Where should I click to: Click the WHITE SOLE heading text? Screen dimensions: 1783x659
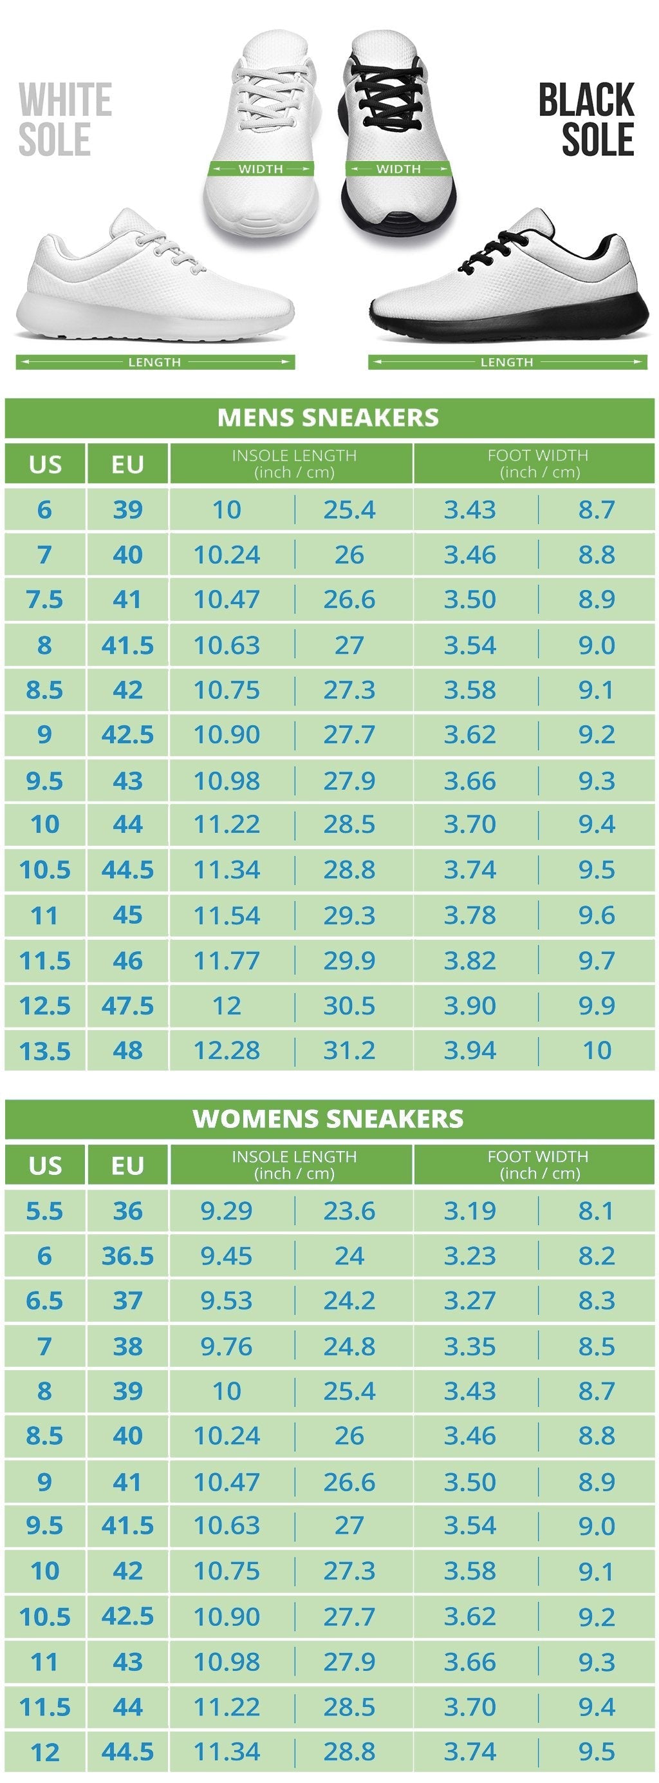pos(64,119)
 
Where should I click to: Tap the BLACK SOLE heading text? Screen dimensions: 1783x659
pos(587,119)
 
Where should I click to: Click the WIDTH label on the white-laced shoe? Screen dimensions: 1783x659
pos(260,169)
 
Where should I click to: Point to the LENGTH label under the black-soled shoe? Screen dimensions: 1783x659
pos(507,362)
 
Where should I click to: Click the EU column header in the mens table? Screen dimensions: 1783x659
pos(127,464)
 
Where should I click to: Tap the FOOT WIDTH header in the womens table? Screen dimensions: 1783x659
pos(537,1165)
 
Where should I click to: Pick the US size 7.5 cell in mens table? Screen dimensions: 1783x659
pos(44,600)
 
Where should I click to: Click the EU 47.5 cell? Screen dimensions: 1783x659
pos(127,1006)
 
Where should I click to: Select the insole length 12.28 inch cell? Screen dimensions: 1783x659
pos(227,1051)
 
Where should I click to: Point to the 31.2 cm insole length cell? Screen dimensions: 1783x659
pos(349,1051)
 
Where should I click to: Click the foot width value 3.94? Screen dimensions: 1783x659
pos(470,1051)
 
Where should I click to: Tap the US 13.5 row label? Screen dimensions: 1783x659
pos(44,1051)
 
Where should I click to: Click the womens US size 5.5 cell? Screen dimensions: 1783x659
pos(44,1211)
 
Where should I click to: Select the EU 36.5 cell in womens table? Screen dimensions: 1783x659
pos(127,1256)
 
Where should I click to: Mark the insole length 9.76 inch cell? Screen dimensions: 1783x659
pos(227,1346)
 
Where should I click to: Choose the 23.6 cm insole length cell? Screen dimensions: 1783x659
pos(349,1211)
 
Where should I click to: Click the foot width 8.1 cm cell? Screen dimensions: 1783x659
pos(596,1211)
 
